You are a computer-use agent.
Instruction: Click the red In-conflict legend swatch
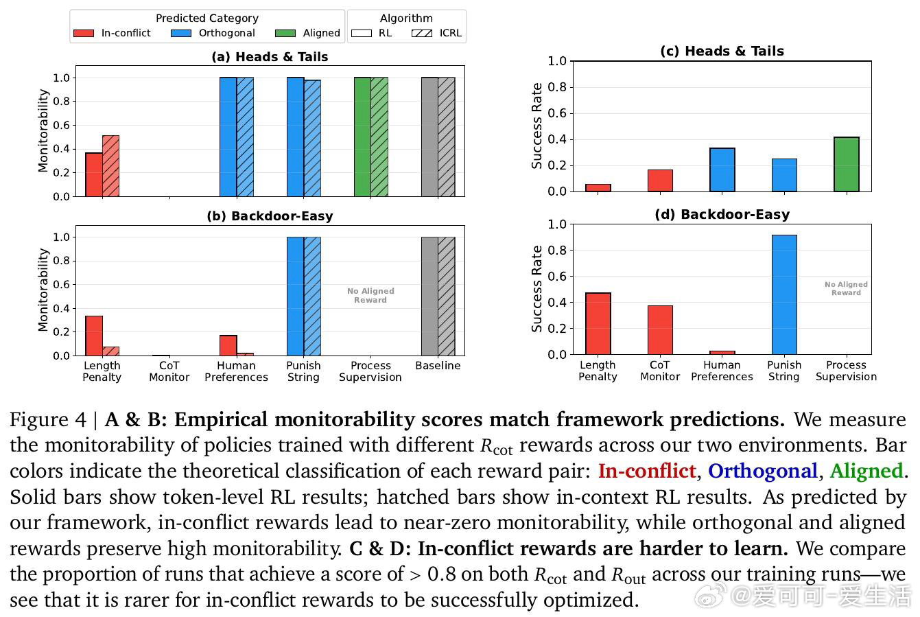coord(84,33)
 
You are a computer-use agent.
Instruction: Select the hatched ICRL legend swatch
coord(421,33)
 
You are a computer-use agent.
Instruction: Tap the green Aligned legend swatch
coord(285,33)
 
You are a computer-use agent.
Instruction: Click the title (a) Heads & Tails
coord(270,57)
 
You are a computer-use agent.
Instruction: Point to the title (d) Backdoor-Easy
coord(722,214)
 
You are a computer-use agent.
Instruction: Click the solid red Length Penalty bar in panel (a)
coord(94,174)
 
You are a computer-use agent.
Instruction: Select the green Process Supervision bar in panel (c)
coord(846,165)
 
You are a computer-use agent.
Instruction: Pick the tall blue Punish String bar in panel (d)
coord(784,295)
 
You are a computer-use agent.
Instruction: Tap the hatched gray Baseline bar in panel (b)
coord(447,296)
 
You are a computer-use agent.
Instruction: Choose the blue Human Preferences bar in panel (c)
coord(722,170)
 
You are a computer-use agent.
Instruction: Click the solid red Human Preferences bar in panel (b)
coord(228,345)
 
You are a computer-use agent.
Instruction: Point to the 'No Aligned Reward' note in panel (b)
coord(370,295)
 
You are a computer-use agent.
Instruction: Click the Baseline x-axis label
coord(438,366)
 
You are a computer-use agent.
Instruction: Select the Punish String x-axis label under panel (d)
coord(784,371)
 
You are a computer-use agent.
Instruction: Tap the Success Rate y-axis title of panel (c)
coord(537,126)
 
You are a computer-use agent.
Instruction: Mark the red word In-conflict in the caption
coord(646,471)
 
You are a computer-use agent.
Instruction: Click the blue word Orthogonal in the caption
coord(762,471)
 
